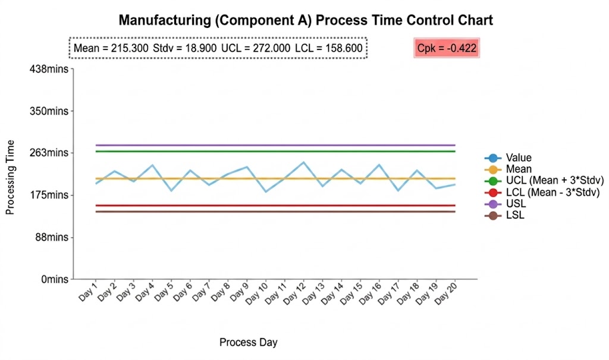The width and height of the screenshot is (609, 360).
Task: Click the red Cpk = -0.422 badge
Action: click(x=447, y=48)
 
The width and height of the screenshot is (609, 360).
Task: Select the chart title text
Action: click(x=306, y=20)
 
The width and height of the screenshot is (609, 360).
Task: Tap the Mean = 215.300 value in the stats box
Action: click(x=111, y=48)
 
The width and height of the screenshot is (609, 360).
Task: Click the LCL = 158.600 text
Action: click(x=328, y=48)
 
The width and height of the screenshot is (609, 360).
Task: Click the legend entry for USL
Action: click(x=515, y=204)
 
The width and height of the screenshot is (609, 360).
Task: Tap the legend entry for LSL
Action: click(x=515, y=215)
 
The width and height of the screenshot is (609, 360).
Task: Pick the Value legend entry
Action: click(x=519, y=158)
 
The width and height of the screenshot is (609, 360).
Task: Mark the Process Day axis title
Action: click(x=248, y=342)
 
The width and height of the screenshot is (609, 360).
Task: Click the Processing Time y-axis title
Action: click(x=10, y=177)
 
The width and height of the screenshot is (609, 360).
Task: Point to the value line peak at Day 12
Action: click(x=304, y=162)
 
